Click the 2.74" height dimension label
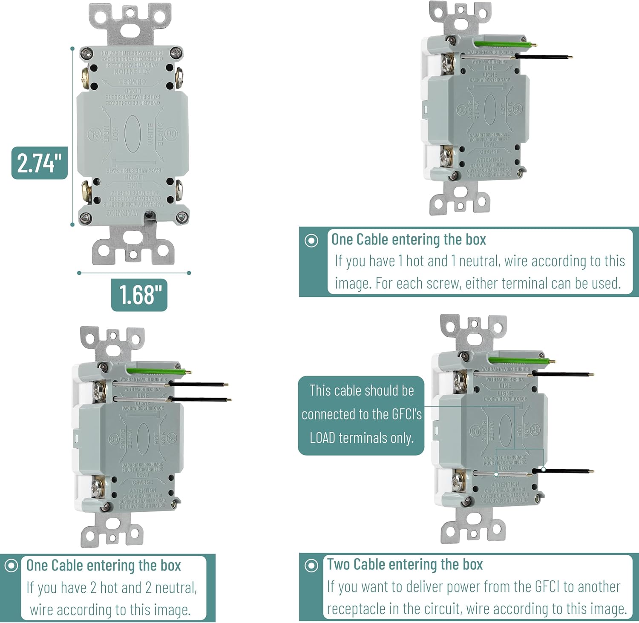(39, 163)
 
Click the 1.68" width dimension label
(139, 295)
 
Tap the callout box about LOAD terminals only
(361, 415)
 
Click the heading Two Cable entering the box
(405, 564)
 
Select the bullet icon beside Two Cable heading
(311, 566)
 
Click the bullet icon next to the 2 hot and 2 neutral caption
(11, 566)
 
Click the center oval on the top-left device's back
(132, 133)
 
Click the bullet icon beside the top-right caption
(311, 241)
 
